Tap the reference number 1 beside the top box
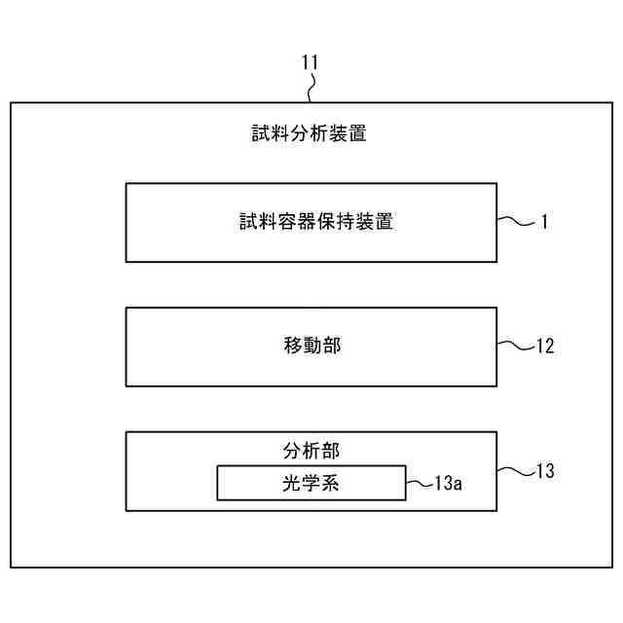(x=545, y=222)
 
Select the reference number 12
(x=545, y=346)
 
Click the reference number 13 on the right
(x=545, y=471)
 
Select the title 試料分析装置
(x=309, y=134)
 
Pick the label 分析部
(x=311, y=451)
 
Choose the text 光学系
(x=311, y=483)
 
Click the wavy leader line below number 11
(x=311, y=90)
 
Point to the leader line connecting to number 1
(x=515, y=221)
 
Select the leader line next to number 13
(x=513, y=471)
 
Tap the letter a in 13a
(x=457, y=484)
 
